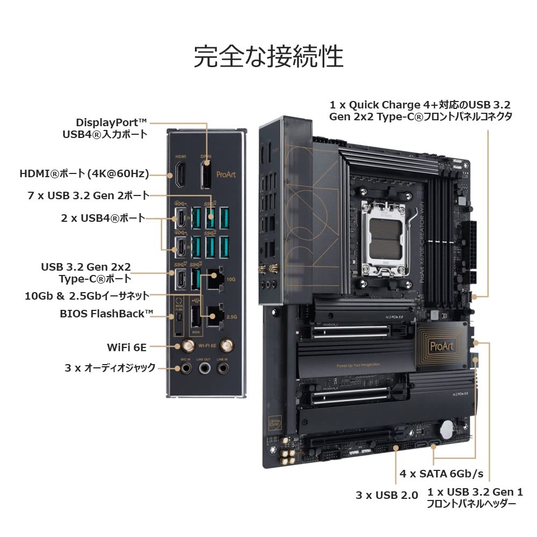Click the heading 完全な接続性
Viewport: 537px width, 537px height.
(268, 56)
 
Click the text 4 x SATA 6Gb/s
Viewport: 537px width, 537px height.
(441, 474)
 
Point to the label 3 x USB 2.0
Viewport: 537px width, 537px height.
(387, 495)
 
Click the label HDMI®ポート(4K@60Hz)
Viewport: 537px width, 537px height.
(84, 173)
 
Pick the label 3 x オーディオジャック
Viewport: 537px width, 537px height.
(110, 367)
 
